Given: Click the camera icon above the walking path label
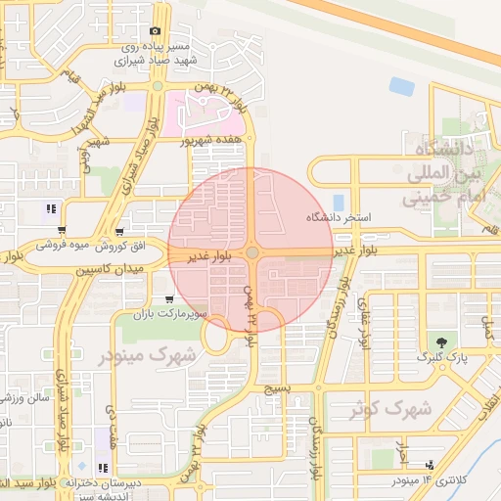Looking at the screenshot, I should pyautogui.click(x=154, y=31).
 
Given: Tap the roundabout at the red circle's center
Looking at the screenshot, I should pyautogui.click(x=252, y=252).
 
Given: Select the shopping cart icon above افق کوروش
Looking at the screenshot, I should pyautogui.click(x=119, y=232).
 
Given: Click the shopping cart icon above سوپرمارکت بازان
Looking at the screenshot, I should pyautogui.click(x=170, y=299).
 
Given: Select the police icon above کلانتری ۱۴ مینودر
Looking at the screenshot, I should pyautogui.click(x=431, y=465).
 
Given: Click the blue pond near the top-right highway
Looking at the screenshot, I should pyautogui.click(x=401, y=86).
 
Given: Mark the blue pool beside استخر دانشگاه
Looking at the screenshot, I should pyautogui.click(x=339, y=203).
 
